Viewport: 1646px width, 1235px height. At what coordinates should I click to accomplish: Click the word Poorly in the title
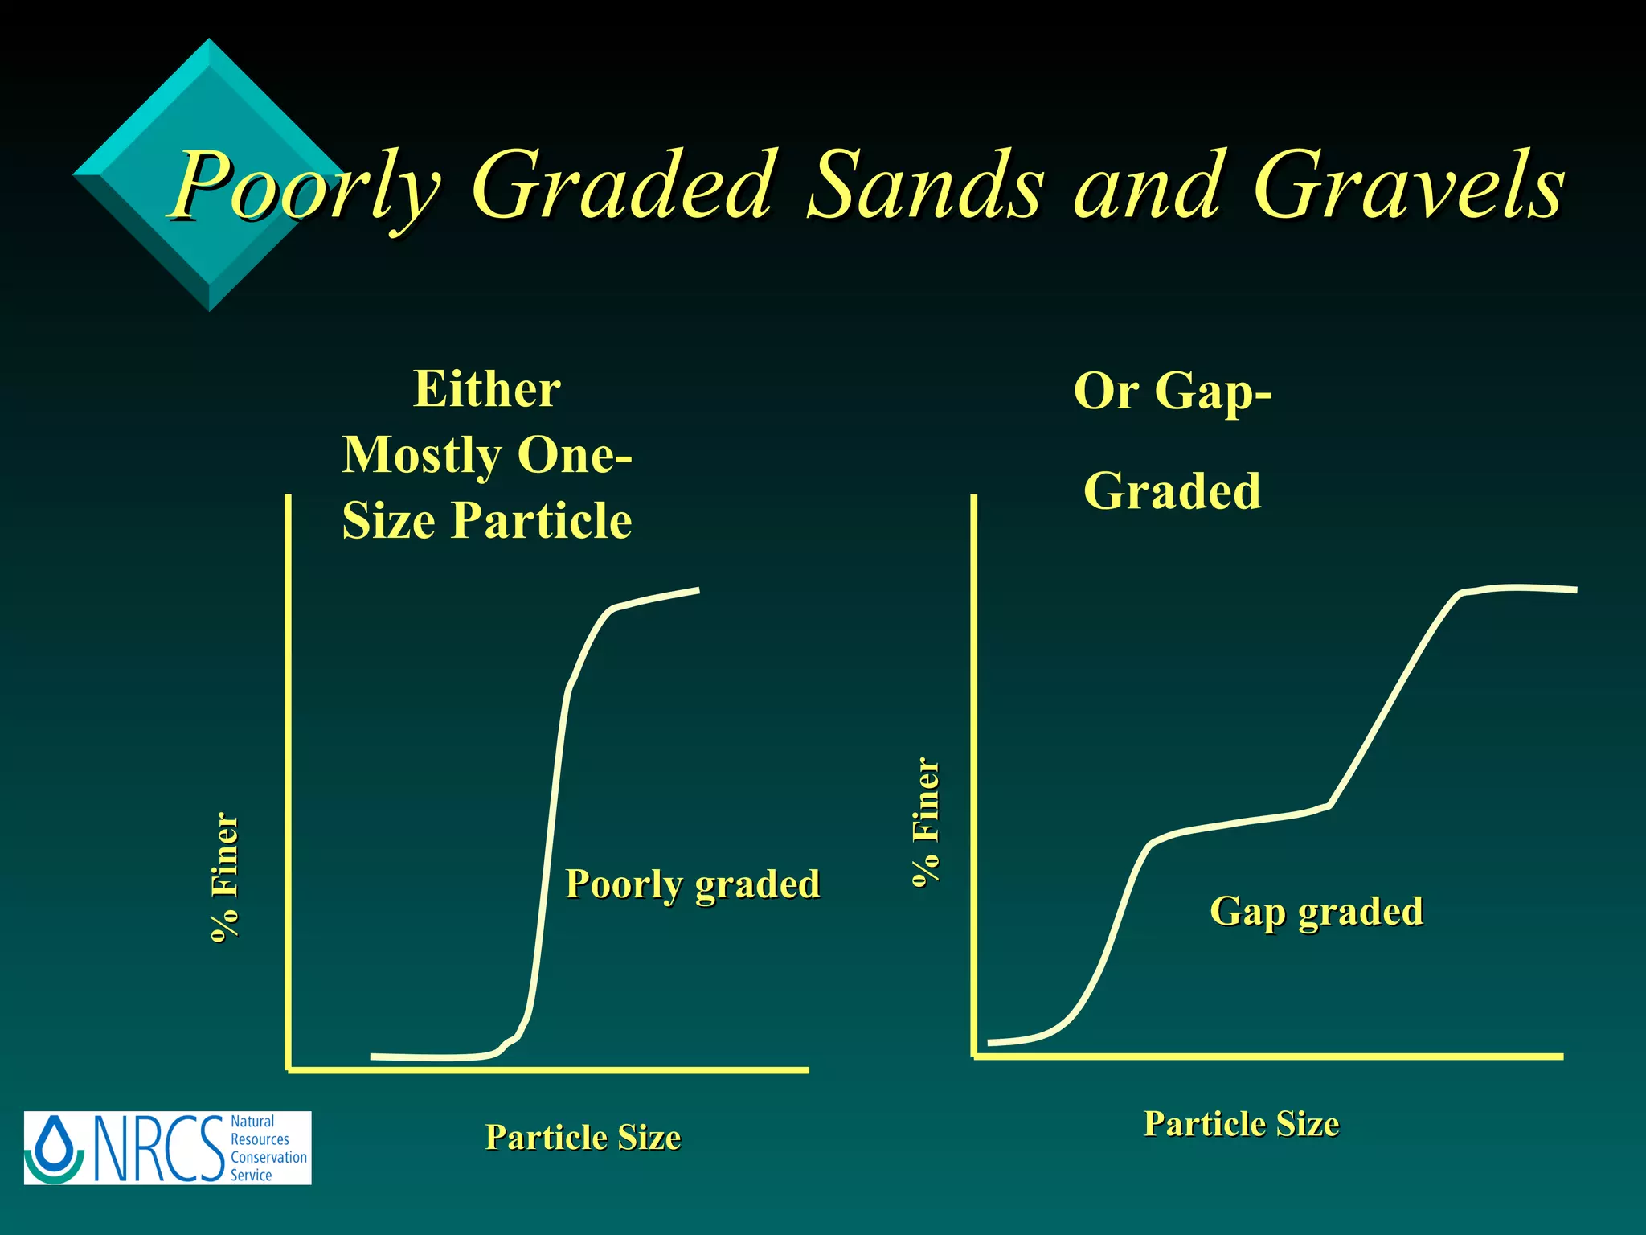(305, 187)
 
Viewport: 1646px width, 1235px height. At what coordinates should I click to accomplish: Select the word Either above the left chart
(487, 390)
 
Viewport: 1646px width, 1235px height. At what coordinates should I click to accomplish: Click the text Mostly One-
(487, 455)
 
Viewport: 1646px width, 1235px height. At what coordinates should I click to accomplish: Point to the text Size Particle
(487, 520)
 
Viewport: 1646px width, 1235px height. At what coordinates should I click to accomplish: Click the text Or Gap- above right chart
(1173, 391)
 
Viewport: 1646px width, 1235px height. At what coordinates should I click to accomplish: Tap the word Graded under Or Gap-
(1173, 491)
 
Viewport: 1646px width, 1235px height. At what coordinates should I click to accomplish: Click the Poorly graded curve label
(692, 884)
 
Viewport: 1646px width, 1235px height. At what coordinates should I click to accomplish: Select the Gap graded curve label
(1316, 911)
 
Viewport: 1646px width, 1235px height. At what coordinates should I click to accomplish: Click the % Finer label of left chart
(225, 876)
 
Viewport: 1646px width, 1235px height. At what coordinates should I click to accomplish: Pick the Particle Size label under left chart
(583, 1137)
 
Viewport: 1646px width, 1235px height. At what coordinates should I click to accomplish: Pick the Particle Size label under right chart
(1241, 1123)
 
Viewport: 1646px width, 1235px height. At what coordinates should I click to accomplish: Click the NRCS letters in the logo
(159, 1148)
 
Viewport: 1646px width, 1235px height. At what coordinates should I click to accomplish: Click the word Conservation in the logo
(268, 1157)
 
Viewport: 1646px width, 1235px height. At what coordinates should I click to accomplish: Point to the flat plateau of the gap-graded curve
(1238, 822)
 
